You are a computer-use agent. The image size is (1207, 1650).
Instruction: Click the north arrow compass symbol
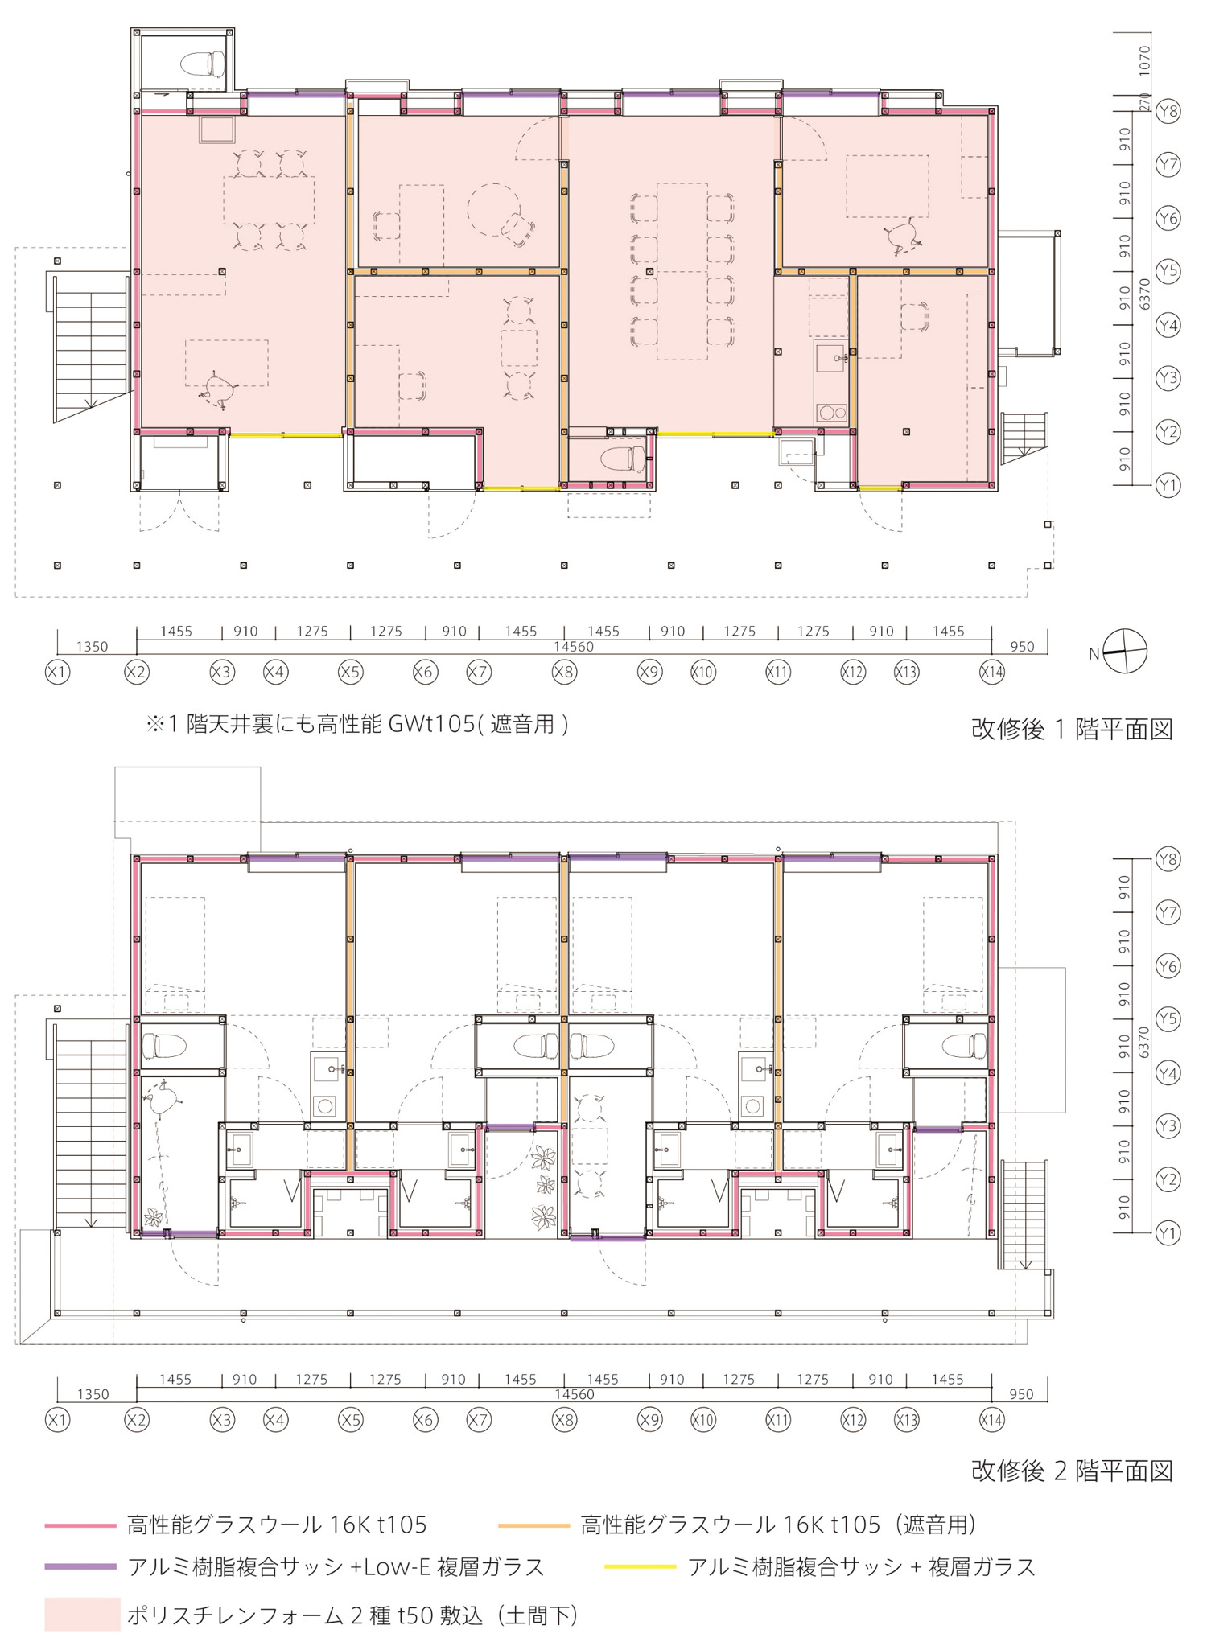1124,651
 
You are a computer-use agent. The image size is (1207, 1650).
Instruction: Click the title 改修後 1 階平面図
1072,729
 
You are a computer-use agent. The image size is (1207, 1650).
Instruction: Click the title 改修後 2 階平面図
1072,1471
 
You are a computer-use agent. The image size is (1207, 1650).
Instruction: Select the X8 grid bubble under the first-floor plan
564,672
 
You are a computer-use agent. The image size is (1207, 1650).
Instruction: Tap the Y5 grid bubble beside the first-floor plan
1168,271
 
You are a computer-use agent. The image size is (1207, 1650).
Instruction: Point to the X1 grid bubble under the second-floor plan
57,1420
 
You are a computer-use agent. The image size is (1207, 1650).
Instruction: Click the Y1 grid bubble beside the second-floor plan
1168,1233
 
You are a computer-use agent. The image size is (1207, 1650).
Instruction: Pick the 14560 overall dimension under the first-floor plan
573,647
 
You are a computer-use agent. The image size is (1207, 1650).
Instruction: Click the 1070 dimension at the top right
1145,61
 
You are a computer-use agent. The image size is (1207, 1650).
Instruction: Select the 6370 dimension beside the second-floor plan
1145,1046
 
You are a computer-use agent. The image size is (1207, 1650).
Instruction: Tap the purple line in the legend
80,1566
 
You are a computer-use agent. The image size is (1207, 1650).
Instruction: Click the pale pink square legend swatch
82,1615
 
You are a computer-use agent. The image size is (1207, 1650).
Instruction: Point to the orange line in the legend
534,1525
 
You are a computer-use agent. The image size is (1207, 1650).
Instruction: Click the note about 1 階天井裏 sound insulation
357,724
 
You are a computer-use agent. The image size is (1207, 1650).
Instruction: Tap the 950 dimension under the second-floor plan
1021,1394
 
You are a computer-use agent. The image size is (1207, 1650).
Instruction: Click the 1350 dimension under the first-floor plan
93,647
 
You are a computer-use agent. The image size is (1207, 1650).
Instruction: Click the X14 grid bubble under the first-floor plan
992,672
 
